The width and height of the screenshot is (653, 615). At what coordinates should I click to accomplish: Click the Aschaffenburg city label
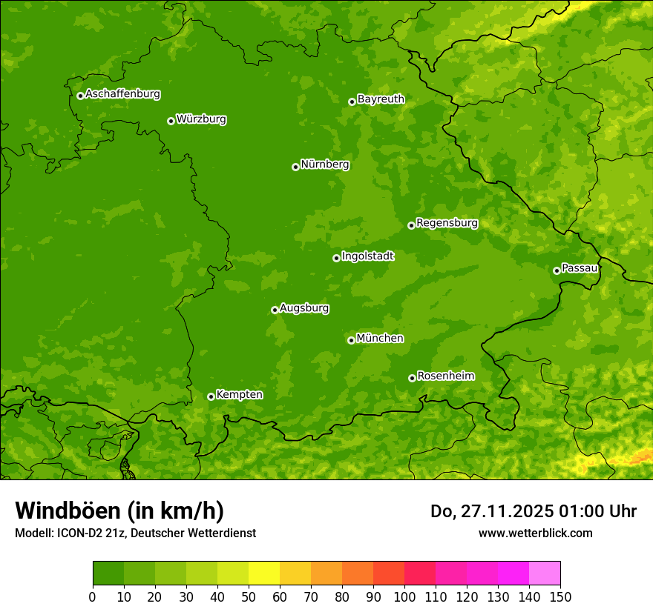tap(122, 94)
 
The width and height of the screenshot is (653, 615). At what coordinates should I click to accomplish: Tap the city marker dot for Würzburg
tap(171, 121)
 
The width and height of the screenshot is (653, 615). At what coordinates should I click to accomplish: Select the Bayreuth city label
tap(381, 99)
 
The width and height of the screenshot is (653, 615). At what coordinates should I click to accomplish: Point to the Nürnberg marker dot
tap(295, 167)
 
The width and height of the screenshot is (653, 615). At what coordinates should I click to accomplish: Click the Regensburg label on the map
tap(447, 223)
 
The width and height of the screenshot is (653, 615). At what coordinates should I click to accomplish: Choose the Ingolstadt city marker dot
tap(336, 258)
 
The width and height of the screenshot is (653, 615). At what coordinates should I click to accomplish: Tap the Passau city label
tap(580, 268)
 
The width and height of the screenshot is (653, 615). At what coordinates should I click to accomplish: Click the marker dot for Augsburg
tap(275, 310)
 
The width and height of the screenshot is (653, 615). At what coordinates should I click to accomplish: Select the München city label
tap(380, 339)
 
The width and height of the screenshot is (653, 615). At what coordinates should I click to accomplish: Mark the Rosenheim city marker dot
tap(412, 378)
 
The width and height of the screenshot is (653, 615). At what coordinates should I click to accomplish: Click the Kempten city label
tap(239, 395)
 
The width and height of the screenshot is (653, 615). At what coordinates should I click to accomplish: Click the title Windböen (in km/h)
tap(119, 511)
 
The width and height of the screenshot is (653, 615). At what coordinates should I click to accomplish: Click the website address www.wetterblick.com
tap(535, 533)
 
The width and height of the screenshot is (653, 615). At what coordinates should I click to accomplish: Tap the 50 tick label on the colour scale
tap(249, 596)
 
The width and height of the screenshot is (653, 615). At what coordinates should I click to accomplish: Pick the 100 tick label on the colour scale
tap(404, 596)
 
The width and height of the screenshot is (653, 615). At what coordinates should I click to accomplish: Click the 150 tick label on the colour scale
tap(560, 596)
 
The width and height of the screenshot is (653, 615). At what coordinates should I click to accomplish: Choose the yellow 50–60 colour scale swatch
tap(264, 574)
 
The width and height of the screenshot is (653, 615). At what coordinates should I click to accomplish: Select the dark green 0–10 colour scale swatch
tap(108, 574)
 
